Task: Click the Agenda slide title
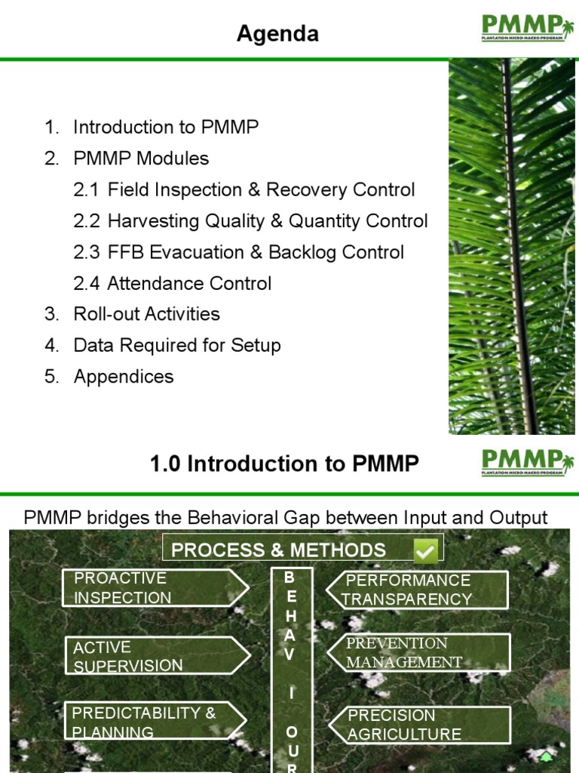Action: tap(277, 34)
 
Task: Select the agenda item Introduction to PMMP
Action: tap(165, 127)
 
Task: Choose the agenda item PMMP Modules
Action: tap(141, 159)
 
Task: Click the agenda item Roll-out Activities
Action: tap(146, 314)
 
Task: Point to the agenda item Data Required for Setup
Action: tap(176, 346)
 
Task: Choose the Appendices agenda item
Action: tap(123, 377)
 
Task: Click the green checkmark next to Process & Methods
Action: tap(426, 551)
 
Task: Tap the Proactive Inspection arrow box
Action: tap(154, 588)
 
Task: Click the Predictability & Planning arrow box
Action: tap(154, 722)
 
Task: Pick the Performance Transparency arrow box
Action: tap(418, 590)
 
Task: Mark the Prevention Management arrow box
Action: tap(418, 653)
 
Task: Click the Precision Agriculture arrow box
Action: tap(418, 725)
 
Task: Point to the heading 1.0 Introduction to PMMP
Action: tap(284, 463)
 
